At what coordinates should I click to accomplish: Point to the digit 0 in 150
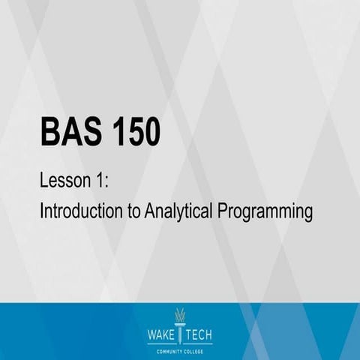[151, 133]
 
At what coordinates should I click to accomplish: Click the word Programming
[265, 213]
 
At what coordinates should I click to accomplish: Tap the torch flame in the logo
[179, 316]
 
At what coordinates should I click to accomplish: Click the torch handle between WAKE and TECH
[179, 334]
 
